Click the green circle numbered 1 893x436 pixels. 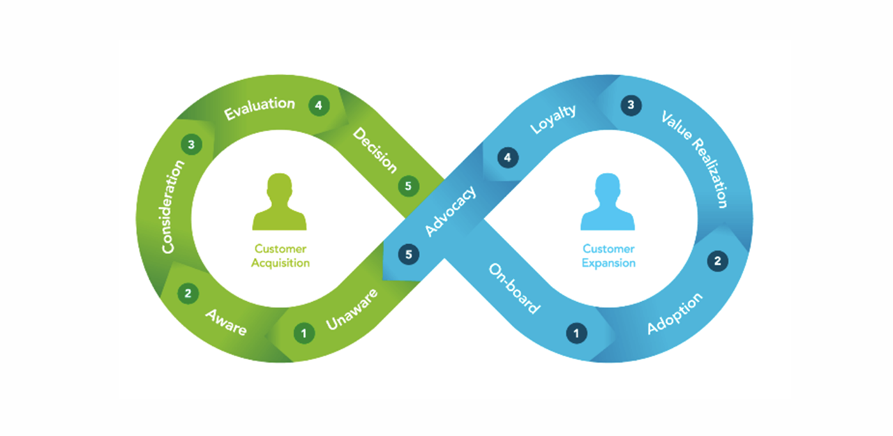303,333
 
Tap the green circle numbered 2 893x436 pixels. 187,294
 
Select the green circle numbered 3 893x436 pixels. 191,144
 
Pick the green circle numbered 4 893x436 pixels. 319,106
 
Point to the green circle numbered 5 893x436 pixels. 409,186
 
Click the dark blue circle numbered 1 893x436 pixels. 576,333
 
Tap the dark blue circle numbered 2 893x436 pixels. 717,261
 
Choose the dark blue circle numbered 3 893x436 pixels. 631,106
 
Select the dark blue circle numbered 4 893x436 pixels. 508,158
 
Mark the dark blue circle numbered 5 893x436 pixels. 409,254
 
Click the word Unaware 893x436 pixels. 352,309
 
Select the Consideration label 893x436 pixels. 172,206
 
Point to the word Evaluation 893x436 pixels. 260,108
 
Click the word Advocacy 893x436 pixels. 451,211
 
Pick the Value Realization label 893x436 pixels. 695,159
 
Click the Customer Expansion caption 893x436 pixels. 608,256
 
